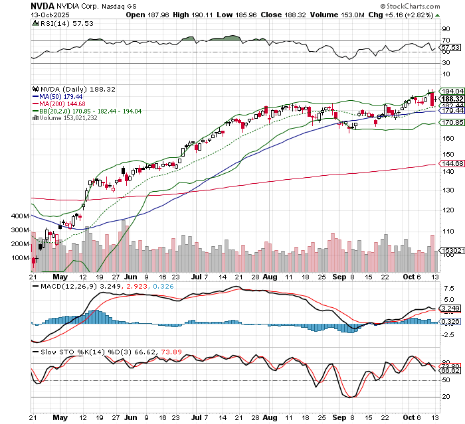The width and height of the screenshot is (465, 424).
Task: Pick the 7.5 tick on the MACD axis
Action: click(x=448, y=289)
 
